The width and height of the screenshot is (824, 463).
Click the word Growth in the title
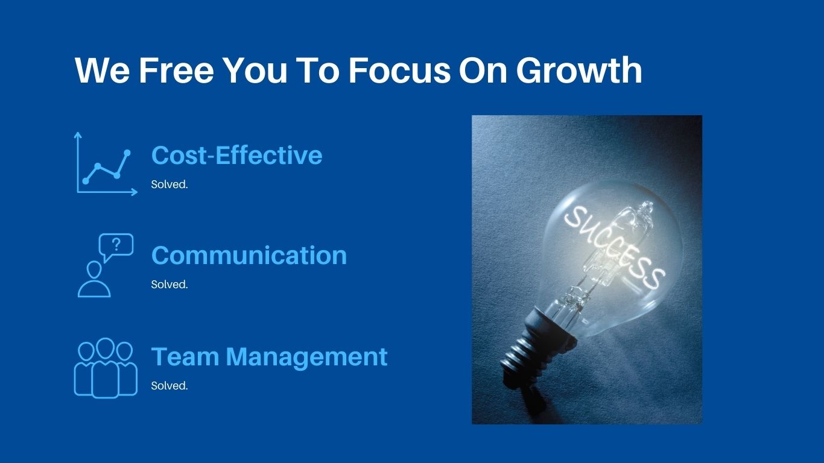pos(579,70)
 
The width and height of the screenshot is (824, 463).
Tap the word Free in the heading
pos(176,70)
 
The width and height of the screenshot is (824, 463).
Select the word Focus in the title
pos(399,70)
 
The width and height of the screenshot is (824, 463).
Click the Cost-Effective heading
pos(237,155)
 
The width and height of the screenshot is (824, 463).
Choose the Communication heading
pos(249,255)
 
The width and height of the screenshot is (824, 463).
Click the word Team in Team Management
pos(185,356)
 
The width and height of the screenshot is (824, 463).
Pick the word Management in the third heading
pos(306,357)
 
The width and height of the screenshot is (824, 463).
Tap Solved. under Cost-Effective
pos(170,184)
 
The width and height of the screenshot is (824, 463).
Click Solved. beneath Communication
pos(170,285)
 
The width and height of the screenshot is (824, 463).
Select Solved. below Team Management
pos(170,385)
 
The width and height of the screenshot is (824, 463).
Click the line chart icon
pos(106,163)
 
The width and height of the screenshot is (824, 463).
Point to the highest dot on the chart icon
pos(127,153)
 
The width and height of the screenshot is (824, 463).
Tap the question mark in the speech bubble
pos(116,245)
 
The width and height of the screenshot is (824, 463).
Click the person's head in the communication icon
pos(94,270)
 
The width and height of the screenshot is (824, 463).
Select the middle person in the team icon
pos(106,368)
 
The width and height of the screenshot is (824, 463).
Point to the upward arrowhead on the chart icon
pos(78,135)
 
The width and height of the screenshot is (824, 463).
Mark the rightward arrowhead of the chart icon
pos(135,192)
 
